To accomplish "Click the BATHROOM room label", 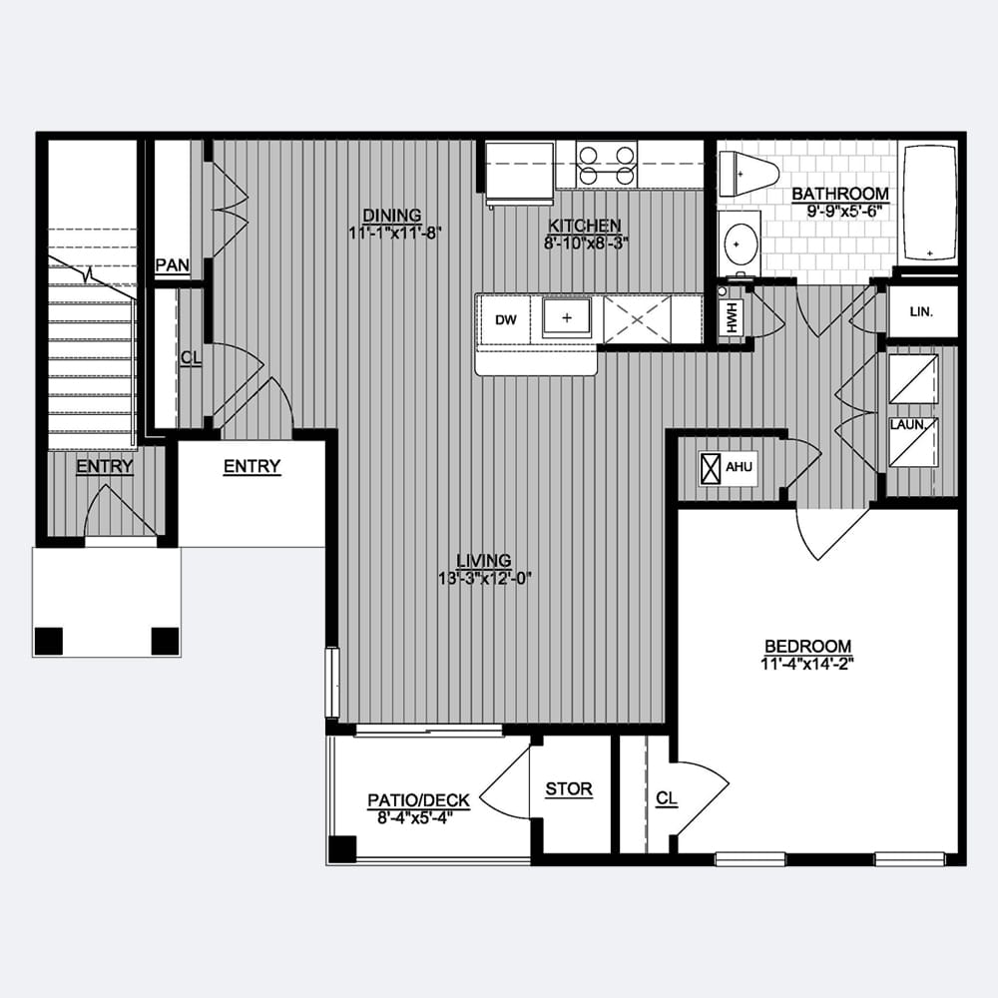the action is tap(840, 193).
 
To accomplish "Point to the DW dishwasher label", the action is tap(506, 320).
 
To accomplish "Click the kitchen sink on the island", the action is tap(567, 317).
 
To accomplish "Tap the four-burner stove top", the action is tap(606, 165).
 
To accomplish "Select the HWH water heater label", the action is tap(732, 316).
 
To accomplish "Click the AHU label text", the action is tap(739, 467).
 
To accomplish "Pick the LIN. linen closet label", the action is tap(921, 312).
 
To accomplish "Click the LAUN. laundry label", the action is tap(907, 424).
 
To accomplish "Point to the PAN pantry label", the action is tap(173, 265).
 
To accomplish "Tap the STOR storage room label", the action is tap(569, 789).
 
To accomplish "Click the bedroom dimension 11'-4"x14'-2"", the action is tap(806, 665).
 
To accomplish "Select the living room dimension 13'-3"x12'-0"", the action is tap(484, 579).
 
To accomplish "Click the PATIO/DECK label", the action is tap(419, 800).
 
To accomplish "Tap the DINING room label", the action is tap(392, 216).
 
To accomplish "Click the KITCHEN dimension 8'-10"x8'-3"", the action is tap(586, 244).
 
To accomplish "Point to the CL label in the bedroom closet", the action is tap(667, 798).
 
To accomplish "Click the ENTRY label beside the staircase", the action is tap(105, 466).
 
